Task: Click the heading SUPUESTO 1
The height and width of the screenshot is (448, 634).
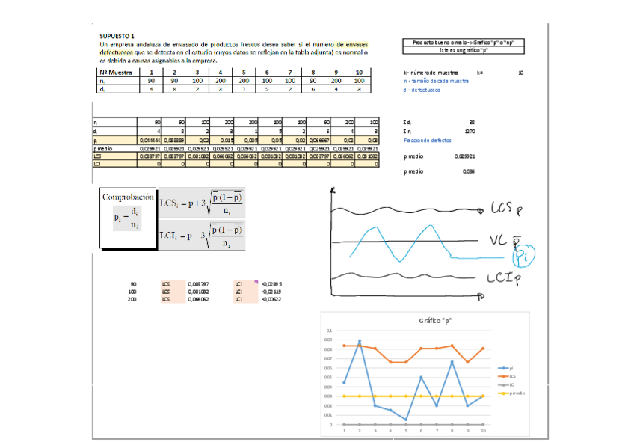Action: point(117,35)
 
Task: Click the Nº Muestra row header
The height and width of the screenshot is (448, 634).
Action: point(116,72)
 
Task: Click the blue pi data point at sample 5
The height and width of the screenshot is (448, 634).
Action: point(406,420)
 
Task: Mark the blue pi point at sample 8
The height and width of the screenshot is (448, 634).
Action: point(452,362)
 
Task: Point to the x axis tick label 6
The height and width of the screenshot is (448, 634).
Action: point(421,432)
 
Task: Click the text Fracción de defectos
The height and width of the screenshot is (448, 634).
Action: point(427,140)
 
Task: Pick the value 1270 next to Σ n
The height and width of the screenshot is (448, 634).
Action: point(470,131)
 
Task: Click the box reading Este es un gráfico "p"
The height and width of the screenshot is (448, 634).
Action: point(464,50)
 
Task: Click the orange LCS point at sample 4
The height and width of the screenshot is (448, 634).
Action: point(390,362)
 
